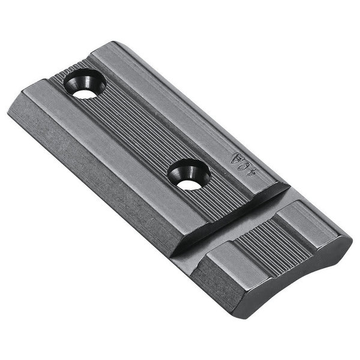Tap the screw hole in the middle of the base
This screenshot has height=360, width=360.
click(188, 175)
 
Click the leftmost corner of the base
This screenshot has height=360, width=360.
click(8, 111)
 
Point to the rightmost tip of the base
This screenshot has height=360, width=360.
click(351, 240)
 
